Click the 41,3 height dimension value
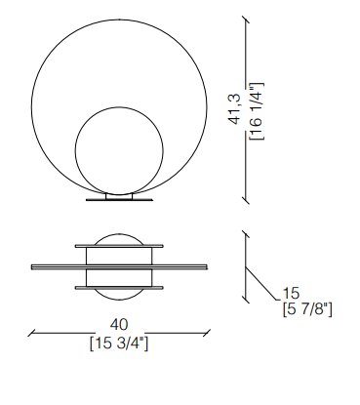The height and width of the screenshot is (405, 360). [234, 108]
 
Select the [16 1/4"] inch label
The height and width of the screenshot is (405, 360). [257, 111]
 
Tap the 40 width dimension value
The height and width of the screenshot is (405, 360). [119, 325]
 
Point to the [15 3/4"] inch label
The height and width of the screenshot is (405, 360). [119, 344]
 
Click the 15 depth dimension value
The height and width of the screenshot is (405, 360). [291, 294]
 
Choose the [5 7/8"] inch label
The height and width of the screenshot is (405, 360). [307, 309]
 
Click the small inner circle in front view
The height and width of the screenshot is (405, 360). [119, 150]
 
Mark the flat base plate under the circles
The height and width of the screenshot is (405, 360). [119, 199]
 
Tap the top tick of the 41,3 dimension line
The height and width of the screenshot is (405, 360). [246, 19]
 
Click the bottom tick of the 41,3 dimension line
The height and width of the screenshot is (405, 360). [246, 200]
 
